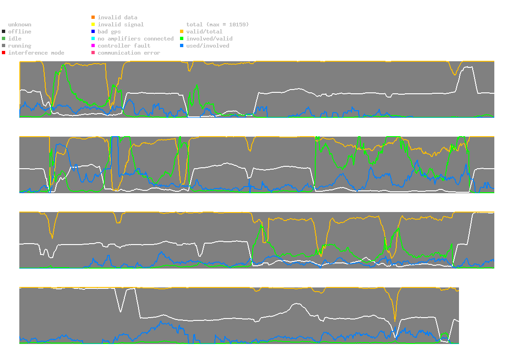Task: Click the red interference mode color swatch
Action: (x=3, y=53)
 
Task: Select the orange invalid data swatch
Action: (x=93, y=17)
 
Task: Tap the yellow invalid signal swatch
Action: (x=93, y=25)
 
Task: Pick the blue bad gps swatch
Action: (x=93, y=32)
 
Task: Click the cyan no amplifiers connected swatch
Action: (x=93, y=39)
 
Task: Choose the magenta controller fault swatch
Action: (x=93, y=46)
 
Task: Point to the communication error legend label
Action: (x=129, y=53)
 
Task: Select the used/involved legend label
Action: (x=207, y=46)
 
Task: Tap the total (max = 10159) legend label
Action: (x=217, y=25)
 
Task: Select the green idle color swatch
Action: (x=3, y=39)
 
